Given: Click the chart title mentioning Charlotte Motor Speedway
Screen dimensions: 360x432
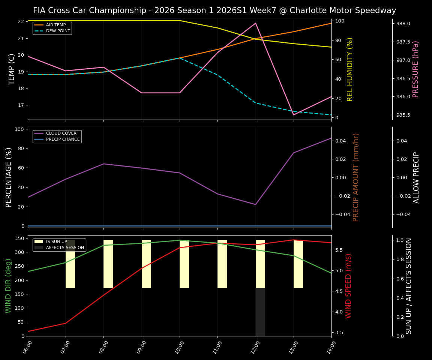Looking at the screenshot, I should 214,10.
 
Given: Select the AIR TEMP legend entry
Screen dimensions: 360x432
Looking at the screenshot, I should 55,25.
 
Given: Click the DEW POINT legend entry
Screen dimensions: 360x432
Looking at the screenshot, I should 58,31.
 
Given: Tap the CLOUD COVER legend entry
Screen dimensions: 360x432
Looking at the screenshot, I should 61,133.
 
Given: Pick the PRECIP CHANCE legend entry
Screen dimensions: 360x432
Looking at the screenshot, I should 63,139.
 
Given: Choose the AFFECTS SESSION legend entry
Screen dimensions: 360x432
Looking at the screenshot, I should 64,248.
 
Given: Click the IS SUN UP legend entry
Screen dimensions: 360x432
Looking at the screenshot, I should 56,242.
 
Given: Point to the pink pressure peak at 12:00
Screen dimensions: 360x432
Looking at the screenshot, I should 255,23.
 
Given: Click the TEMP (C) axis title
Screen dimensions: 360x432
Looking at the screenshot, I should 12,69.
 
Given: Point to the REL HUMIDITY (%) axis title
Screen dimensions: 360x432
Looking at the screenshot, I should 350,69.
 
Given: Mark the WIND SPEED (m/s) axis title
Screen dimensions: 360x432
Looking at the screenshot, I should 349,286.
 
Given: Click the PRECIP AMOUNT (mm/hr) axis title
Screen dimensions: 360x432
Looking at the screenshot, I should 356,177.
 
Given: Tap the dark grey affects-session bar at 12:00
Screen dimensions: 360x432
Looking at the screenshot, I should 260,312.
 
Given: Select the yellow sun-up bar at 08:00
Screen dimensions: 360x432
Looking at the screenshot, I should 108,264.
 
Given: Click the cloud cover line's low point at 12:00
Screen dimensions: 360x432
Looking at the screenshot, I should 255,204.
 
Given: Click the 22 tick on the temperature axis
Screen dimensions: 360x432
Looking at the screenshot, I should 21,22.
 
